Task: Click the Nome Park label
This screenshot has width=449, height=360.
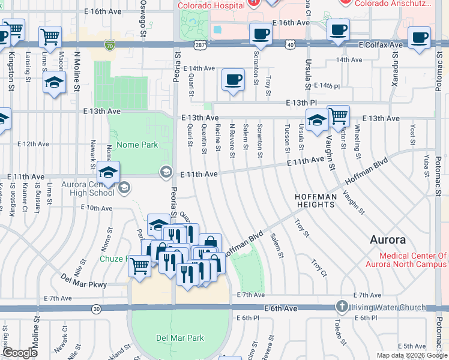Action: coord(137,145)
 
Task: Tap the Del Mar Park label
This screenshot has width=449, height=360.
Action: coord(180,338)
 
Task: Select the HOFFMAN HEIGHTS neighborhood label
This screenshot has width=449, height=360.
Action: coord(315,201)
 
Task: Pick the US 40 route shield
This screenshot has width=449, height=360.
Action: coord(291,45)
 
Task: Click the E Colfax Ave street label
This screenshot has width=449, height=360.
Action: coord(381,45)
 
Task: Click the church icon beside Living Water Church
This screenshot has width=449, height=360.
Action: coord(342,307)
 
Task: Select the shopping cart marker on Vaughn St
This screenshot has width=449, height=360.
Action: coord(339,115)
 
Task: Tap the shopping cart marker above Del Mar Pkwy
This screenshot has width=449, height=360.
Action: coord(140,265)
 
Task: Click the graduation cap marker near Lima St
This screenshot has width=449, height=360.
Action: coord(54,82)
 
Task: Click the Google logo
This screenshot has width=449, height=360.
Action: coord(20,353)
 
